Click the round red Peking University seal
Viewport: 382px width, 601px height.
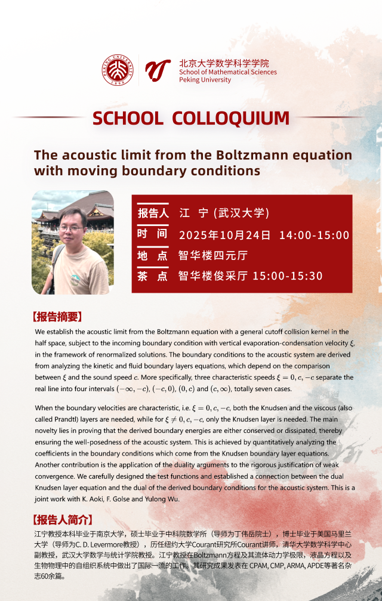pyautogui.click(x=118, y=70)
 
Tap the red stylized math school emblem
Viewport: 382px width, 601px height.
pyautogui.click(x=158, y=70)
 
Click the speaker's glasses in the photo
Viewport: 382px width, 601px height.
pyautogui.click(x=72, y=228)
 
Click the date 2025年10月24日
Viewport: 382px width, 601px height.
pyautogui.click(x=224, y=235)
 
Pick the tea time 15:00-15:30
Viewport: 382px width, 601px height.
pyautogui.click(x=288, y=275)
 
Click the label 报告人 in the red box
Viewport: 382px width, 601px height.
pyautogui.click(x=153, y=213)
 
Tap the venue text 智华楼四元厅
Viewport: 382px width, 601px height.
pyautogui.click(x=213, y=256)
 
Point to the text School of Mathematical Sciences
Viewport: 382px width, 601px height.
pyautogui.click(x=228, y=72)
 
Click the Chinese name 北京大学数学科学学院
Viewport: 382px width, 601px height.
pyautogui.click(x=224, y=63)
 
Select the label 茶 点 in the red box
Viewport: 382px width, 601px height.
pyautogui.click(x=153, y=275)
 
